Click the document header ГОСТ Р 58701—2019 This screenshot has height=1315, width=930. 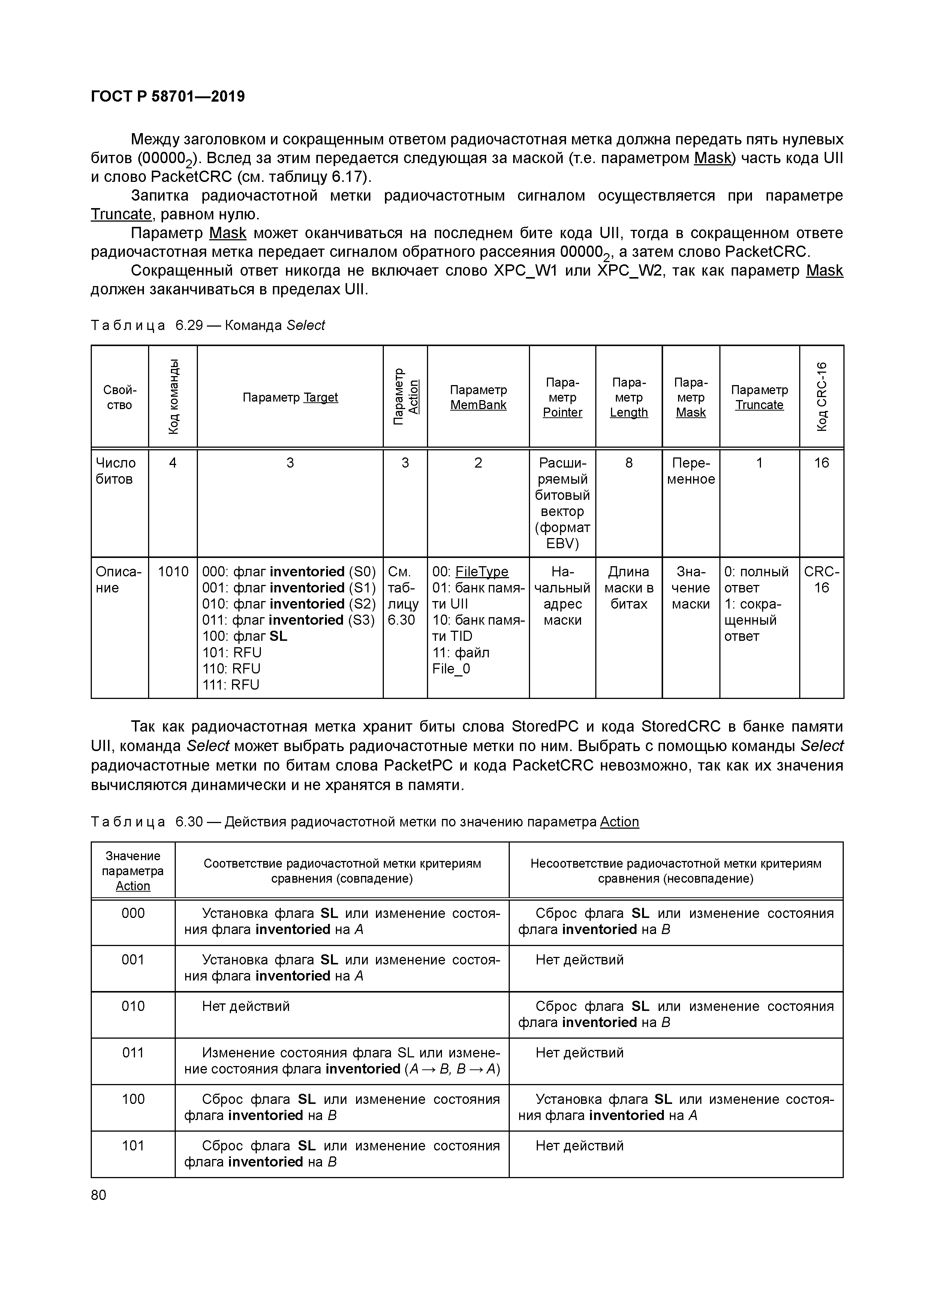[x=168, y=96]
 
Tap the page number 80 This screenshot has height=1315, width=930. [x=99, y=1195]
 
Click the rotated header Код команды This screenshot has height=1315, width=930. [x=173, y=396]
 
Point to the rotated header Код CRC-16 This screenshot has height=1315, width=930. [x=821, y=396]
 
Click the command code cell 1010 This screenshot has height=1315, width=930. [x=173, y=571]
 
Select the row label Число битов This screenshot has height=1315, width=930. [x=116, y=471]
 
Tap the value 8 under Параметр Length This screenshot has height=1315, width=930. [x=628, y=463]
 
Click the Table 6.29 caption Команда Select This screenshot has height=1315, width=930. [x=274, y=325]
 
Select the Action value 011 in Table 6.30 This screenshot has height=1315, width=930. [x=133, y=1053]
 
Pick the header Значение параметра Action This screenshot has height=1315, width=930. [x=133, y=871]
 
